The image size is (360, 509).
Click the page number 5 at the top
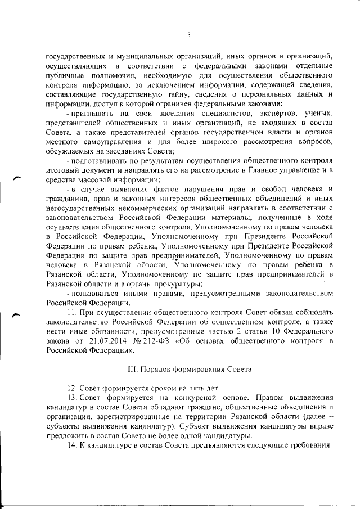click(x=189, y=34)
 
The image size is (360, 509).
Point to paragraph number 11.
click(x=71, y=313)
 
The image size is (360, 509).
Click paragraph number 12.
click(x=71, y=389)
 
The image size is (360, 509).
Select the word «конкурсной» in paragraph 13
click(x=179, y=399)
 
